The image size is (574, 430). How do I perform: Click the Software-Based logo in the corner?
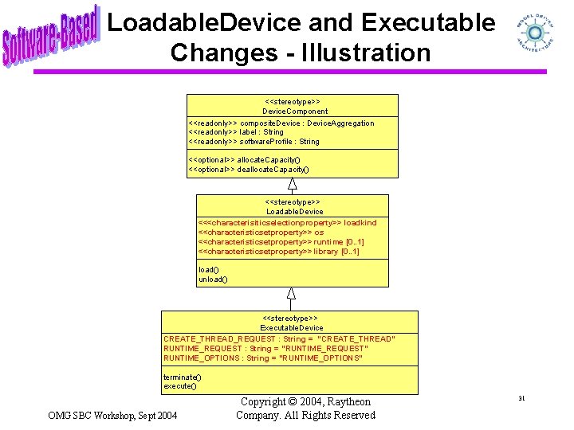tap(49, 36)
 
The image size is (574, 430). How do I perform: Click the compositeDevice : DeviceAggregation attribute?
tap(281, 123)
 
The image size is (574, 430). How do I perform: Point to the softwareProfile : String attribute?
tap(254, 142)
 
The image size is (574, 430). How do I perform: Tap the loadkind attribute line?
tap(287, 223)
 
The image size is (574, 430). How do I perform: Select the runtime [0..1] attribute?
tap(281, 242)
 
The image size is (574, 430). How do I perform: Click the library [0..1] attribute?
tap(279, 252)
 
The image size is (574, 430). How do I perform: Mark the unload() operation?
tap(213, 279)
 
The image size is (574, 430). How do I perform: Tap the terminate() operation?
tap(183, 377)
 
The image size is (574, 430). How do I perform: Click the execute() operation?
tap(180, 386)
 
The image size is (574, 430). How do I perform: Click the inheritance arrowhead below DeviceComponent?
tap(293, 185)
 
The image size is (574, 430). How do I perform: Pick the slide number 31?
tap(521, 398)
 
